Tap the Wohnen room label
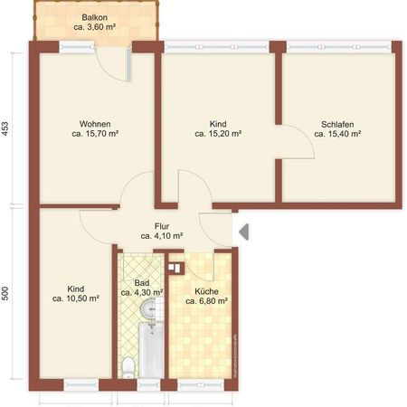pos(95,123)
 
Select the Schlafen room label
pos(337,123)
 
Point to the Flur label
pos(162,225)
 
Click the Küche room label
pos(205,291)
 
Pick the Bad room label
pos(143,282)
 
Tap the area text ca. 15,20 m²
pos(218,134)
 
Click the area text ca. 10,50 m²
pos(75,298)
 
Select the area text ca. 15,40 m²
pos(337,134)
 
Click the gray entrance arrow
pos(244,232)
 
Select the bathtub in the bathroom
pos(149,354)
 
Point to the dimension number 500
pos(7,294)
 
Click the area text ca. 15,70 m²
pos(95,134)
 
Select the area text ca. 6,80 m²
pos(205,302)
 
